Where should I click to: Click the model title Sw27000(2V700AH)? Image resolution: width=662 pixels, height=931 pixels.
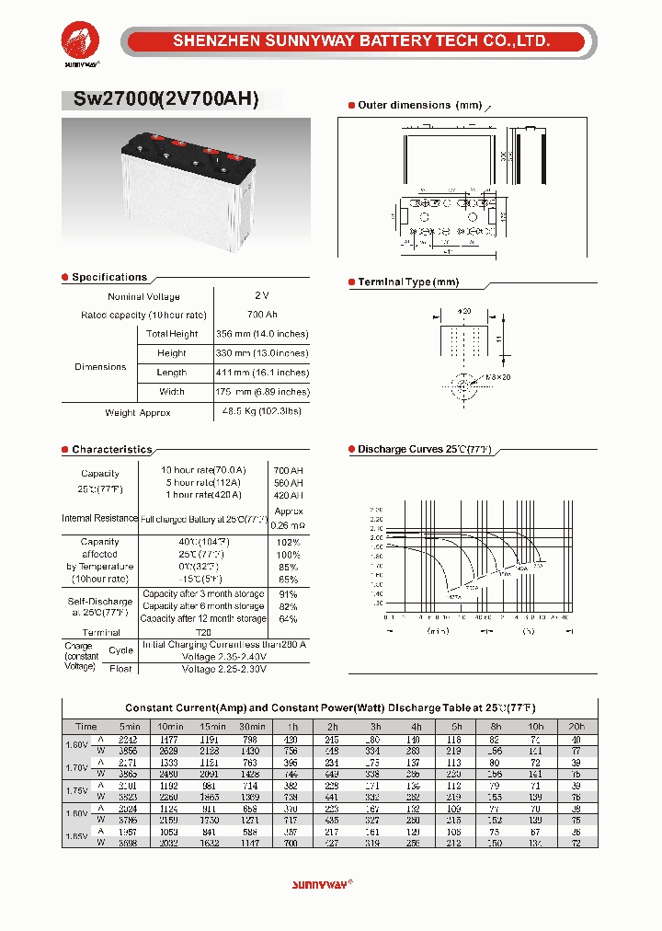click(x=160, y=99)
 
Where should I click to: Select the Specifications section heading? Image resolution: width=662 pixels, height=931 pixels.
click(x=108, y=277)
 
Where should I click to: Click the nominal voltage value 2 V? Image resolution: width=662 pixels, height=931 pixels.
click(x=262, y=296)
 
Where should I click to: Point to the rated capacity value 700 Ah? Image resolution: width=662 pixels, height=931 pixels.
click(x=262, y=315)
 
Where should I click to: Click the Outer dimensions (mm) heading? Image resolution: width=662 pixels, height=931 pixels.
click(x=419, y=106)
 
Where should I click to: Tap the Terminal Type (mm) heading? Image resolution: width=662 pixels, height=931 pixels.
click(x=407, y=282)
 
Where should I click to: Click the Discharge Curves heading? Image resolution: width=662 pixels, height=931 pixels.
click(x=424, y=449)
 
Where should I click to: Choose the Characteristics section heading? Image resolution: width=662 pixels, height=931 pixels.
click(x=111, y=450)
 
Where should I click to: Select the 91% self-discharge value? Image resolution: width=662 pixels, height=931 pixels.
click(x=288, y=594)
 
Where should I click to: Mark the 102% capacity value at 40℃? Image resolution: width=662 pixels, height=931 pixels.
click(x=288, y=543)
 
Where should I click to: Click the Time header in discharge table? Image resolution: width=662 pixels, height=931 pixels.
click(x=86, y=727)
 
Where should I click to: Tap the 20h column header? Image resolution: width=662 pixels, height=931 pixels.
click(x=576, y=727)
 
